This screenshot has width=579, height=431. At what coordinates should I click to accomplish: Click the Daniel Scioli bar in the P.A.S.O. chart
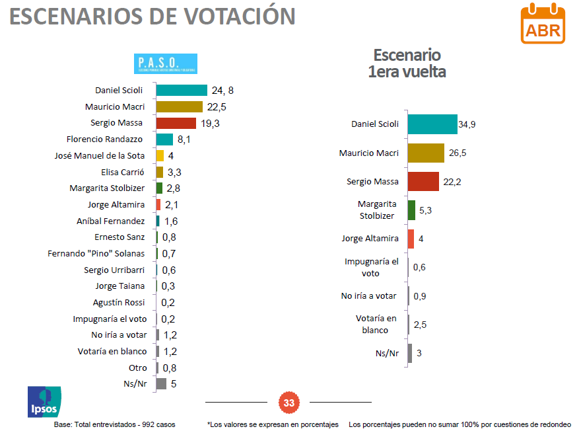182,91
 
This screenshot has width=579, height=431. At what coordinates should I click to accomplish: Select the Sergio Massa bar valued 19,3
176,123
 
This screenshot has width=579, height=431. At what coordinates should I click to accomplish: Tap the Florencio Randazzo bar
164,139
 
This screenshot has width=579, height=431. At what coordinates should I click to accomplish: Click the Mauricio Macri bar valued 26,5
426,153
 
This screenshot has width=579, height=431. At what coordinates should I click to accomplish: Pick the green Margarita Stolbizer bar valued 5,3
411,210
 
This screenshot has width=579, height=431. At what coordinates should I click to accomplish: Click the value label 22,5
217,107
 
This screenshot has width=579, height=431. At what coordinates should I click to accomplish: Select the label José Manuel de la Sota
100,156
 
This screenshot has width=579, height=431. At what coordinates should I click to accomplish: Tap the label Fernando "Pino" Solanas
96,253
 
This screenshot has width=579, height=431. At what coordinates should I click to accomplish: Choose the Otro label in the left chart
137,368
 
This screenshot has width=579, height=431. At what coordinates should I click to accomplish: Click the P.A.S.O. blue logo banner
166,63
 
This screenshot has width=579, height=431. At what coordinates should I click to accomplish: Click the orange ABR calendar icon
543,24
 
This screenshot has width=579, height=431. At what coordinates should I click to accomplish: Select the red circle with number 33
289,402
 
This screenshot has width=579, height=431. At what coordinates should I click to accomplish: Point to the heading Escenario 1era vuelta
407,63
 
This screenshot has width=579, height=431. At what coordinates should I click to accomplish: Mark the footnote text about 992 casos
114,424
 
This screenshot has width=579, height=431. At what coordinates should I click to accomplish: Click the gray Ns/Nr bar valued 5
161,383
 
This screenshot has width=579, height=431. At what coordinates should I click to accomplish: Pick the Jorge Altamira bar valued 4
411,239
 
